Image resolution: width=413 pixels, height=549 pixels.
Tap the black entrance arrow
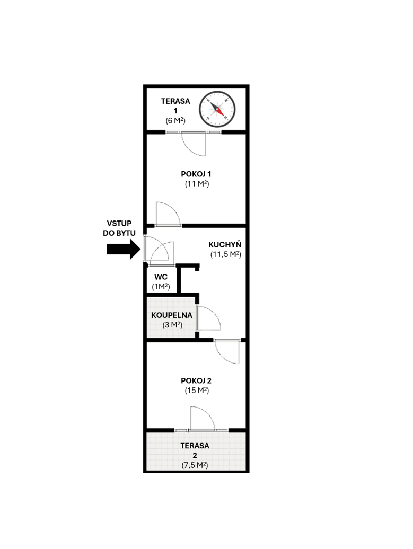coord(122,249)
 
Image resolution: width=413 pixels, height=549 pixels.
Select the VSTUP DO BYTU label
coord(119,228)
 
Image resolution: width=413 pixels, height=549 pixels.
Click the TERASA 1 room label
coord(175,105)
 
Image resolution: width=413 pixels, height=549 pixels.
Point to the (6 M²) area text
coord(175,120)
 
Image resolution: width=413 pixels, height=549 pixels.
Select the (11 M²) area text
coord(196,184)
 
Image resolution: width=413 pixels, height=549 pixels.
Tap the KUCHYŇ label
coord(225,244)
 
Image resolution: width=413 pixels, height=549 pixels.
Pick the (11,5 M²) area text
coord(225,254)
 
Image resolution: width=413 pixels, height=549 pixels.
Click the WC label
coord(161,277)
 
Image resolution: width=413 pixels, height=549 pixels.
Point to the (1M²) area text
coord(161,287)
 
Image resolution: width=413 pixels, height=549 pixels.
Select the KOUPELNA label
coord(171,315)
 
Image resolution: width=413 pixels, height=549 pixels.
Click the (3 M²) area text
coord(172,325)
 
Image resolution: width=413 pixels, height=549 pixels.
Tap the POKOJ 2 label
coord(196,380)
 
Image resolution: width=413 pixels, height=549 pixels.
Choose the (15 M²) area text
coord(196,391)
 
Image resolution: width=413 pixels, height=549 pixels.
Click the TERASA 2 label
coord(194,450)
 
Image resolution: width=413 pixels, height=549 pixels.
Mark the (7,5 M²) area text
coord(194,465)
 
